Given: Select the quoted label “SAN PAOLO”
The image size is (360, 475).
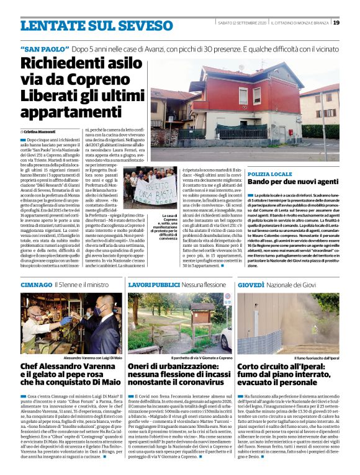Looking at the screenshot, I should pyautogui.click(x=44, y=48).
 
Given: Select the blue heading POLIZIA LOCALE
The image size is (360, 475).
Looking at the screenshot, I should pyautogui.click(x=269, y=174).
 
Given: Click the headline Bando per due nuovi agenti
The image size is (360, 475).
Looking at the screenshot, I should pyautogui.click(x=284, y=183).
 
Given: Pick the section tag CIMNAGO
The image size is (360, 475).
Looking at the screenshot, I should pyautogui.click(x=35, y=284).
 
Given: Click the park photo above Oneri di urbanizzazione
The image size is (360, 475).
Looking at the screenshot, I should pyautogui.click(x=180, y=322).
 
